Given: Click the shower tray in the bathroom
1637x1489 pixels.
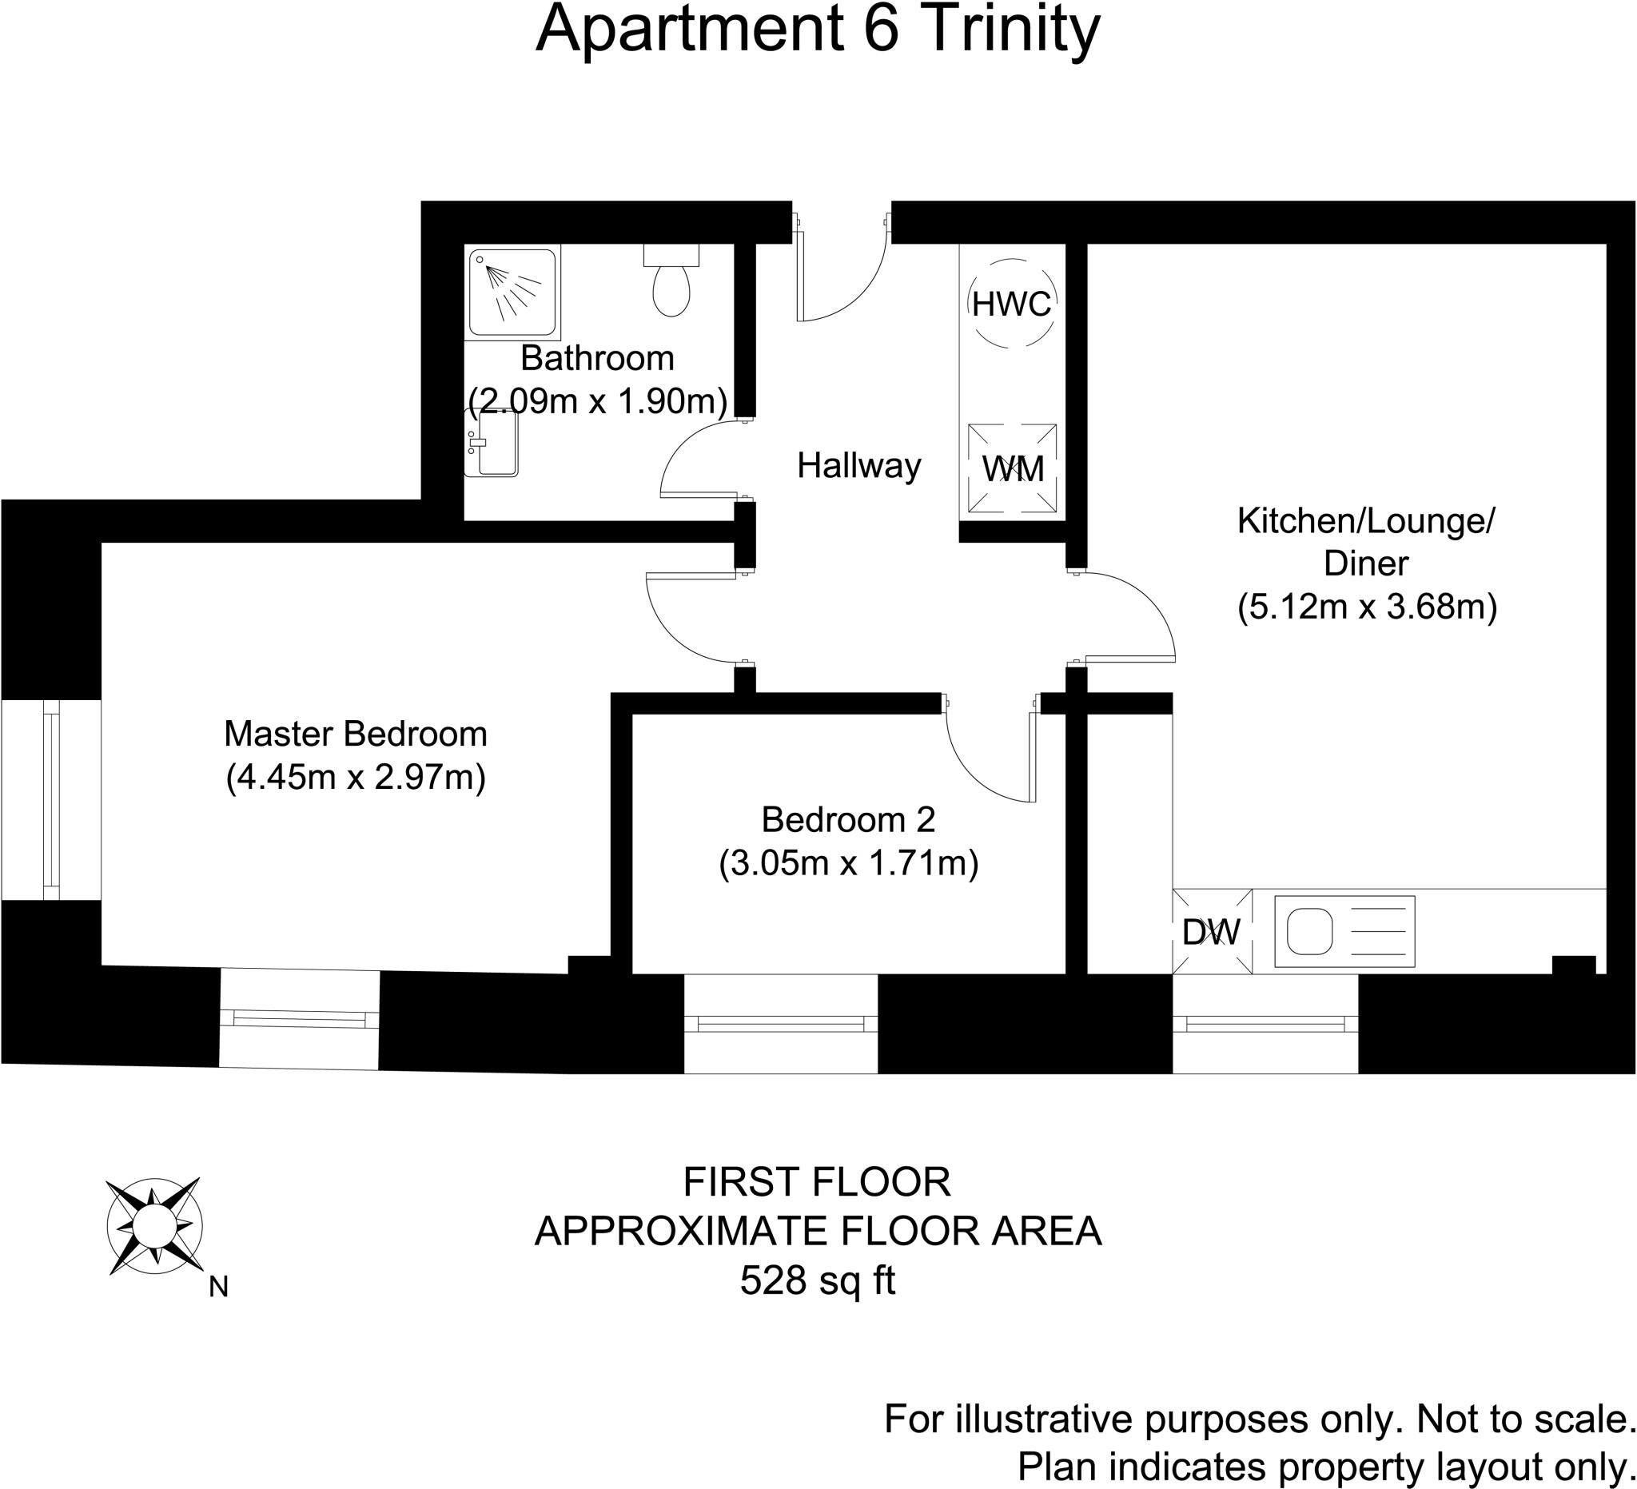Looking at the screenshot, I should pyautogui.click(x=512, y=292).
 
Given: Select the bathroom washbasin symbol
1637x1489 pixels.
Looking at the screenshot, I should pyautogui.click(x=493, y=444).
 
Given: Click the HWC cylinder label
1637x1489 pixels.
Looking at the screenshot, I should pyautogui.click(x=1011, y=305).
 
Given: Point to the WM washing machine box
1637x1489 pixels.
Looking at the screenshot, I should pyautogui.click(x=1012, y=468).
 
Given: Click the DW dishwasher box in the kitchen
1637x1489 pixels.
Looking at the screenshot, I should pyautogui.click(x=1212, y=931).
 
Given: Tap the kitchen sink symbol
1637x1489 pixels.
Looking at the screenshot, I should pyautogui.click(x=1344, y=931).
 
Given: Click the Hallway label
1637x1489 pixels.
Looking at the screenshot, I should pyautogui.click(x=858, y=466).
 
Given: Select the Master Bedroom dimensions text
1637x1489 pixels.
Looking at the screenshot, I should pyautogui.click(x=356, y=778).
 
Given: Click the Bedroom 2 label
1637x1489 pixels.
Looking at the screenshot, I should pyautogui.click(x=848, y=820).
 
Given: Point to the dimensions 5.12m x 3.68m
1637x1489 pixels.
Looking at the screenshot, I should pyautogui.click(x=1367, y=607).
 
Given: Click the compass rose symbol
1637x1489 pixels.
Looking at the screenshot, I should pyautogui.click(x=154, y=1226).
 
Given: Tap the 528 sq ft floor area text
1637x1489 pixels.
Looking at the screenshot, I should pyautogui.click(x=817, y=1281).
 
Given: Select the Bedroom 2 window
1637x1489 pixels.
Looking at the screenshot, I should pyautogui.click(x=780, y=1025).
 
